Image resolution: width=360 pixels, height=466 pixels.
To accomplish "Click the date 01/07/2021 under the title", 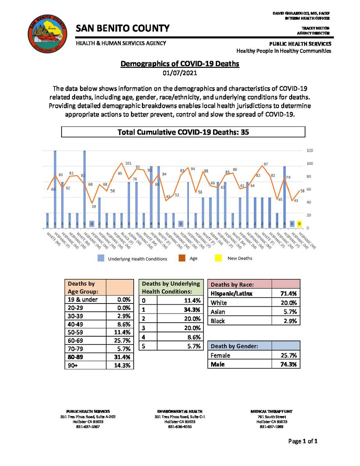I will coord(180,72).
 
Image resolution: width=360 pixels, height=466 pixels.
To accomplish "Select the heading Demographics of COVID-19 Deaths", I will coord(180,64).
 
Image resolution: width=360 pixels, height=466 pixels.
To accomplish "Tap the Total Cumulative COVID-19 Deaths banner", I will coord(183,132).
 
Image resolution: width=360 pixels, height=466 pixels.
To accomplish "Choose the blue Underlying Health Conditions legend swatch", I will coord(101,258).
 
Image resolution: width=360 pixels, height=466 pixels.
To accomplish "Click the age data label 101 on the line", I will coord(128,163).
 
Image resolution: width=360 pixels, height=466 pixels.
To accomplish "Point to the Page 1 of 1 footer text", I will coord(303,441).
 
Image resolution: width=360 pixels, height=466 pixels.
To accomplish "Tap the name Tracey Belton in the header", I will coord(316,29).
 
